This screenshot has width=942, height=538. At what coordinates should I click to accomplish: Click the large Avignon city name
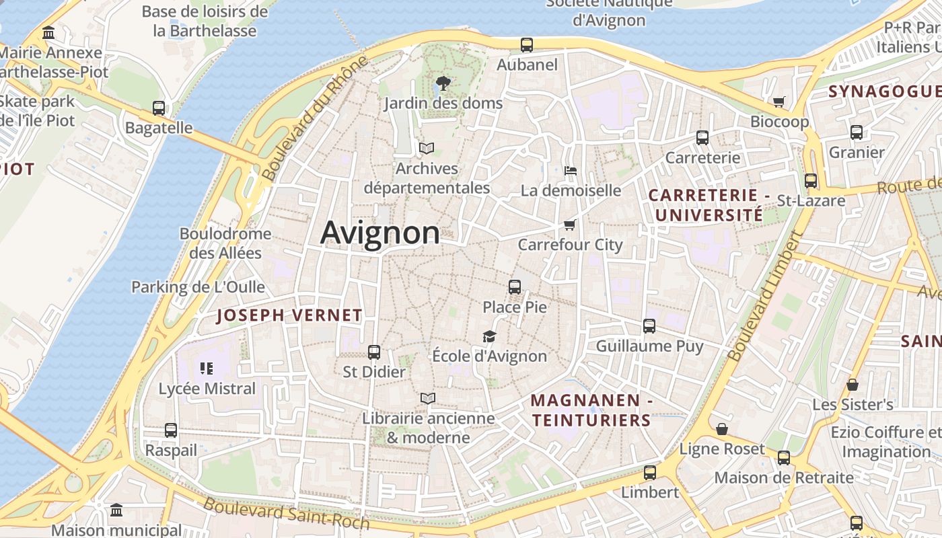(380, 233)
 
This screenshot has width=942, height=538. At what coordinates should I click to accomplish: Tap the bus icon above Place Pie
(515, 287)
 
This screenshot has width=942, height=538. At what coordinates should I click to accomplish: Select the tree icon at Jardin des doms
(443, 83)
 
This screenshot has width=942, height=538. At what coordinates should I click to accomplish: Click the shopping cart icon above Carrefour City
(570, 225)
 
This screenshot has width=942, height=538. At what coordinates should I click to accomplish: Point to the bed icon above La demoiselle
(571, 170)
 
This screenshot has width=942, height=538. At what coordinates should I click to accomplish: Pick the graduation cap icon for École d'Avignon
(489, 336)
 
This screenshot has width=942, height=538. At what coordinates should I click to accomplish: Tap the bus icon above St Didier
(374, 352)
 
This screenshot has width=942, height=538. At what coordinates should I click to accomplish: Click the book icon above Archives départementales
(427, 148)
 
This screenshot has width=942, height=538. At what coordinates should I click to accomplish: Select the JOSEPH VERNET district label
(289, 315)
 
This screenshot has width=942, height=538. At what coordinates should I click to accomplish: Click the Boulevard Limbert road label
(766, 296)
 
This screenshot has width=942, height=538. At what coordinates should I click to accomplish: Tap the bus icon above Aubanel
(527, 45)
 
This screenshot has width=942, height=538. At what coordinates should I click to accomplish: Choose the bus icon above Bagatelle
(159, 108)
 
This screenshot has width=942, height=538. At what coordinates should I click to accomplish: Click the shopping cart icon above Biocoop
(779, 102)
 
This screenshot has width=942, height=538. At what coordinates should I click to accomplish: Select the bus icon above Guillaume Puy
(649, 326)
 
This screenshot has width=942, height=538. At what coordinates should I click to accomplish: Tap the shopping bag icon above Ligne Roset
(722, 429)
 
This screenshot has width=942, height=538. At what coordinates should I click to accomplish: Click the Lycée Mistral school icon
(207, 368)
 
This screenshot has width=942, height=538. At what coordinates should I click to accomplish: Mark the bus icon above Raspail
(171, 430)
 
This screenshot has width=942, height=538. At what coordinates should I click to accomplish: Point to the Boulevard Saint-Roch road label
(287, 512)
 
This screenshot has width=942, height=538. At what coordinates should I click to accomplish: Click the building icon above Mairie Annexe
(48, 32)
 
